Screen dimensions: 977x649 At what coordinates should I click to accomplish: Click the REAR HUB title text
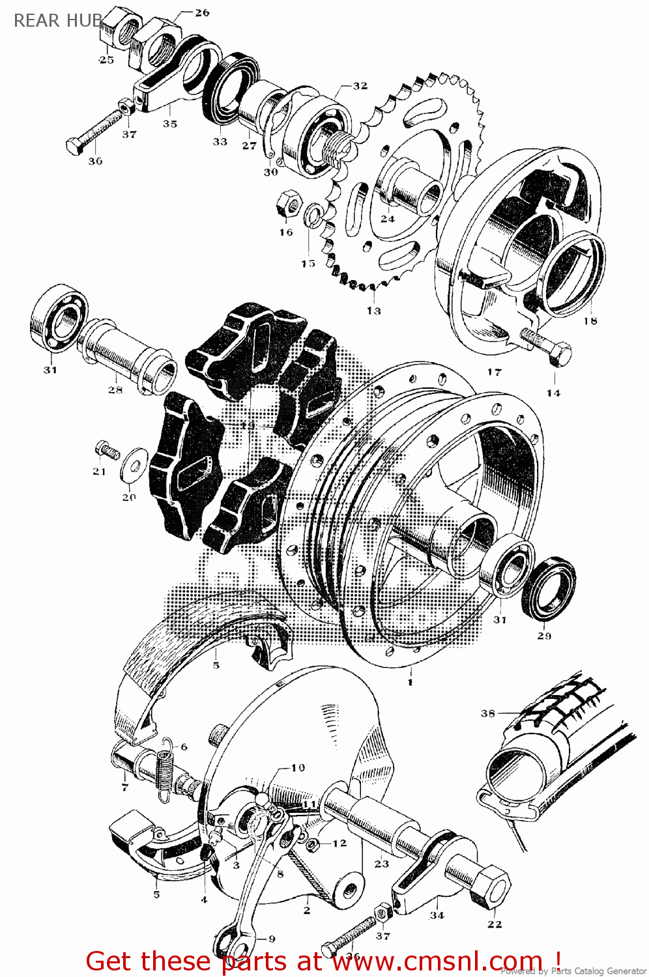tap(57, 21)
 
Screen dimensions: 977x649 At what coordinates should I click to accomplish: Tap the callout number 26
tap(202, 12)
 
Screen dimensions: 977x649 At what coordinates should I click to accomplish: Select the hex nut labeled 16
tap(288, 204)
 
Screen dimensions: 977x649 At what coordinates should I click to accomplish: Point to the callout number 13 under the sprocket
tap(373, 311)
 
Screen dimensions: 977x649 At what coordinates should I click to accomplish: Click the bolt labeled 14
tap(547, 345)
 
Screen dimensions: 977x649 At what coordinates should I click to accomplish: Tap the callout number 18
tap(590, 320)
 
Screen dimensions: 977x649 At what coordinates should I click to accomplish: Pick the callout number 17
tap(495, 372)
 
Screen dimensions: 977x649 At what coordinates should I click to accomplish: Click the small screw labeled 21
tap(105, 449)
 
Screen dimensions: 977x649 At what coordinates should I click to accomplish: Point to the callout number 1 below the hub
tap(410, 682)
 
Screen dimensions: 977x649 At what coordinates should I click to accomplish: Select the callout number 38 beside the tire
tap(488, 713)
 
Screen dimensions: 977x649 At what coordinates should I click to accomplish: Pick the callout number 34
tap(437, 915)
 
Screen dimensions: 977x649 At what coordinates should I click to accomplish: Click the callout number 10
tap(298, 767)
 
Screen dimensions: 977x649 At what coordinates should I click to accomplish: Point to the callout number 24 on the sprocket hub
tap(388, 219)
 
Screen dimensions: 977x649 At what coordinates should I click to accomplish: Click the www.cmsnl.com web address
tap(437, 961)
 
